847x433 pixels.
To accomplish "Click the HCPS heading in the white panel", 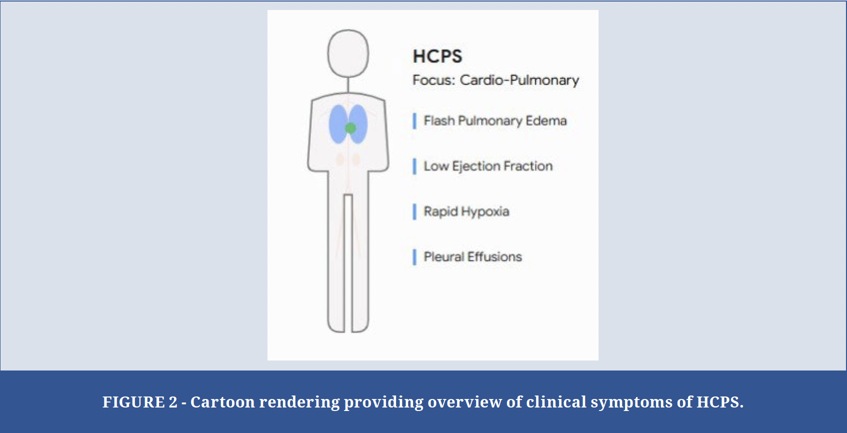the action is click(437, 56).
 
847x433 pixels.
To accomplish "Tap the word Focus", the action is click(433, 80).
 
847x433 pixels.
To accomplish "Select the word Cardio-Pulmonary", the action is click(519, 80).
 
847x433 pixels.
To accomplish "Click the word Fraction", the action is click(528, 166).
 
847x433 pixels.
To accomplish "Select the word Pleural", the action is click(443, 257).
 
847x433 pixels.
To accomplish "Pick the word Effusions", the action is click(495, 257).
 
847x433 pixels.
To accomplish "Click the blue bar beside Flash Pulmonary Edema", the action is click(414, 121).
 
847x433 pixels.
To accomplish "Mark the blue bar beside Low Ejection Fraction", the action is click(414, 166).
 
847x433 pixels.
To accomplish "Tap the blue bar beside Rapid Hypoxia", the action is click(414, 212).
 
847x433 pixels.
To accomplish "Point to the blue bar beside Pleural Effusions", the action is click(414, 257).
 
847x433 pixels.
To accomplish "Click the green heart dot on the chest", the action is click(350, 128).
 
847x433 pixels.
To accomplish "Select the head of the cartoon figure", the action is click(348, 53).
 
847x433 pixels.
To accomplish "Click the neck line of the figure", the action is click(348, 85).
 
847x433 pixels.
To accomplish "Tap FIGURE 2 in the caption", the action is click(140, 402).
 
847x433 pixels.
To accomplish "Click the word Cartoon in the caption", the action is click(222, 402).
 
